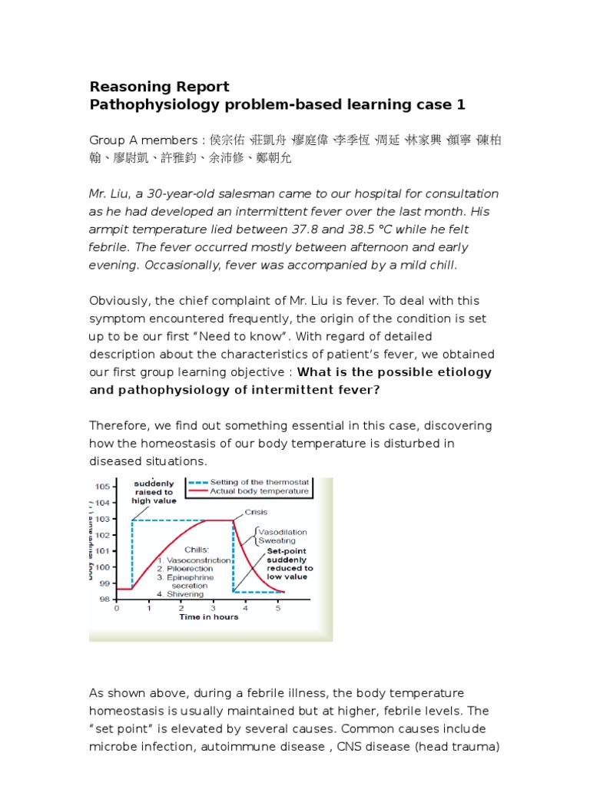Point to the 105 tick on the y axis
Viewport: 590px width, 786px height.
[x=102, y=487]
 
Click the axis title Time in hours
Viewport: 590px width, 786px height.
[x=208, y=617]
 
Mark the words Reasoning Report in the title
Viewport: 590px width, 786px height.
[x=159, y=86]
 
